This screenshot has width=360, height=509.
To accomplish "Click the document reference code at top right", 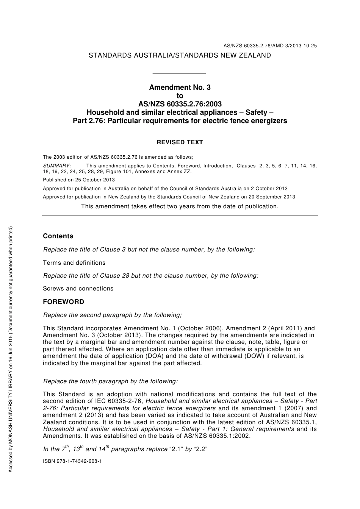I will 270,46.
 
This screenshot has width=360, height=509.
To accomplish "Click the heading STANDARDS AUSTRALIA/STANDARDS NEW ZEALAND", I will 180,55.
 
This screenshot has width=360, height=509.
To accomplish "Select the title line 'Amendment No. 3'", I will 180,87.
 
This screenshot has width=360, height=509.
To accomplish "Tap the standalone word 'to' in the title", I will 180,96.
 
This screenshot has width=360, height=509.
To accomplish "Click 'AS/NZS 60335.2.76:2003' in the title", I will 180,104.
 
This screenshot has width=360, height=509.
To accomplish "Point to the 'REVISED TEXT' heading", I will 180,142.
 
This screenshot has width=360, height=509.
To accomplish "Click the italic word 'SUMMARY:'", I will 57,166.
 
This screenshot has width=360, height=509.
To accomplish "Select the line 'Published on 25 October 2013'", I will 79,180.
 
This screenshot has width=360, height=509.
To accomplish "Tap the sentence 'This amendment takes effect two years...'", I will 180,206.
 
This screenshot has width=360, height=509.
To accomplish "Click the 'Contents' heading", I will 58,236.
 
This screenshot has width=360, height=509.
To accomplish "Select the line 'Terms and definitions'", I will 74,263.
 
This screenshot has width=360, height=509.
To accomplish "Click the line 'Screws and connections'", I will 78,289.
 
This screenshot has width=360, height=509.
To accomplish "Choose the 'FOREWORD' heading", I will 64,302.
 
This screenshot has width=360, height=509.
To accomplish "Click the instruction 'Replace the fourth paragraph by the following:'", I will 110,381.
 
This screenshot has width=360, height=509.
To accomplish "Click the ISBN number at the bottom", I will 72,461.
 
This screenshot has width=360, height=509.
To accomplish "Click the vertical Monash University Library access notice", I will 11,348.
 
